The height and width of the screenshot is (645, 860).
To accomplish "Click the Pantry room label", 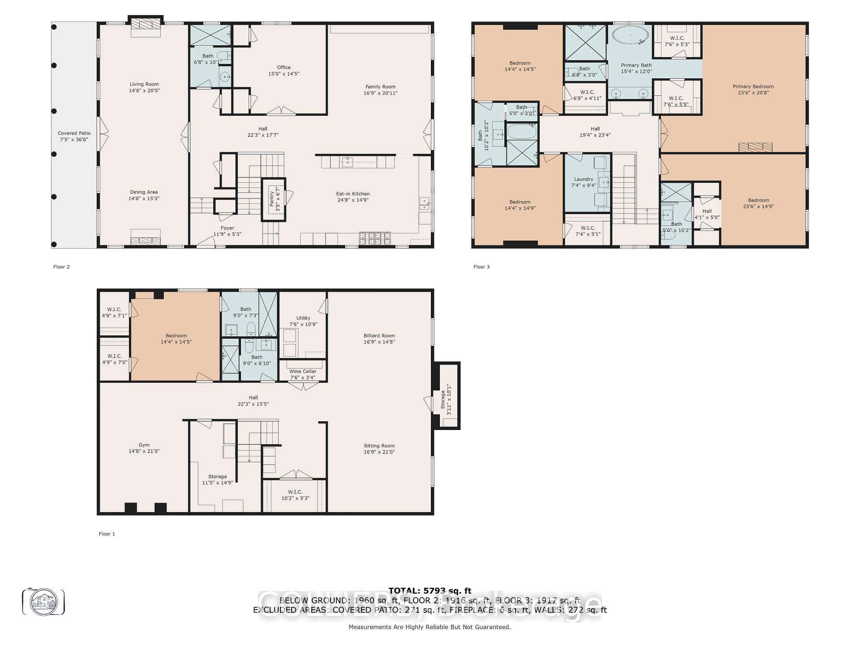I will tap(271, 199).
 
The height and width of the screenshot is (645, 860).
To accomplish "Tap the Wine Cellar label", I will tap(303, 371).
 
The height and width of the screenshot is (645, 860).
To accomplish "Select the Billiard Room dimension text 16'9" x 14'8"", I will tap(379, 342).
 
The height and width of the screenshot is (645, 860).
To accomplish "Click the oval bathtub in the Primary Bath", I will tap(630, 35).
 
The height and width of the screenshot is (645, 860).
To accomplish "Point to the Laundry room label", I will tap(583, 179).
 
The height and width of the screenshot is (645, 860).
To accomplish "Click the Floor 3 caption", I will tap(482, 267).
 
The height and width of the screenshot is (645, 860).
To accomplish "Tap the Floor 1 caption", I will tap(107, 534).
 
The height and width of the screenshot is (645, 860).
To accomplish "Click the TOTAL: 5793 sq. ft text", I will tap(430, 591).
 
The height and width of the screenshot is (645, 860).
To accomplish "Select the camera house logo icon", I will tap(44, 602).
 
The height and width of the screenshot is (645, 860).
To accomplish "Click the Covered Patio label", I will tap(74, 133).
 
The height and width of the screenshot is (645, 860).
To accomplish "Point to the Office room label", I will tap(284, 67).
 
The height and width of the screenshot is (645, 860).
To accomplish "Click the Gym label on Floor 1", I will tap(144, 445).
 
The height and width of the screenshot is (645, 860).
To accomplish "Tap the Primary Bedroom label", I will tap(753, 86).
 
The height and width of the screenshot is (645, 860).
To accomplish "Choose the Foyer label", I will tap(227, 228).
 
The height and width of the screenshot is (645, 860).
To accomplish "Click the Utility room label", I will tap(303, 318).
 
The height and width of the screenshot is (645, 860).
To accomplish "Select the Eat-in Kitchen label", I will tap(353, 194).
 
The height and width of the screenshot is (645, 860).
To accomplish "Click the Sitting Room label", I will tap(379, 446).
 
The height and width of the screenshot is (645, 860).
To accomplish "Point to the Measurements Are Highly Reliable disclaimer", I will tap(430, 627).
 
